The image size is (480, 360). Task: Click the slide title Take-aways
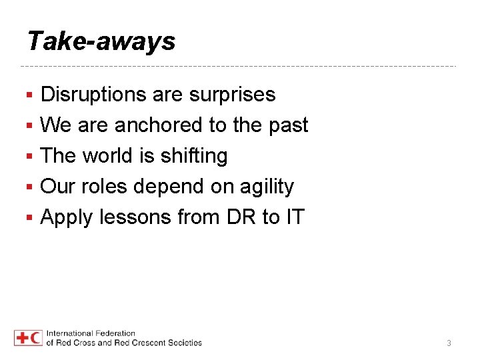point(101,41)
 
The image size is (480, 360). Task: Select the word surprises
point(232,95)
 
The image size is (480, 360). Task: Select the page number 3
point(449,343)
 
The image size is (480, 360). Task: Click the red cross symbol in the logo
point(21,338)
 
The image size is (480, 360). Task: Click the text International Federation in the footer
point(91,333)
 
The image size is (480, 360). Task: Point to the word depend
point(169,187)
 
